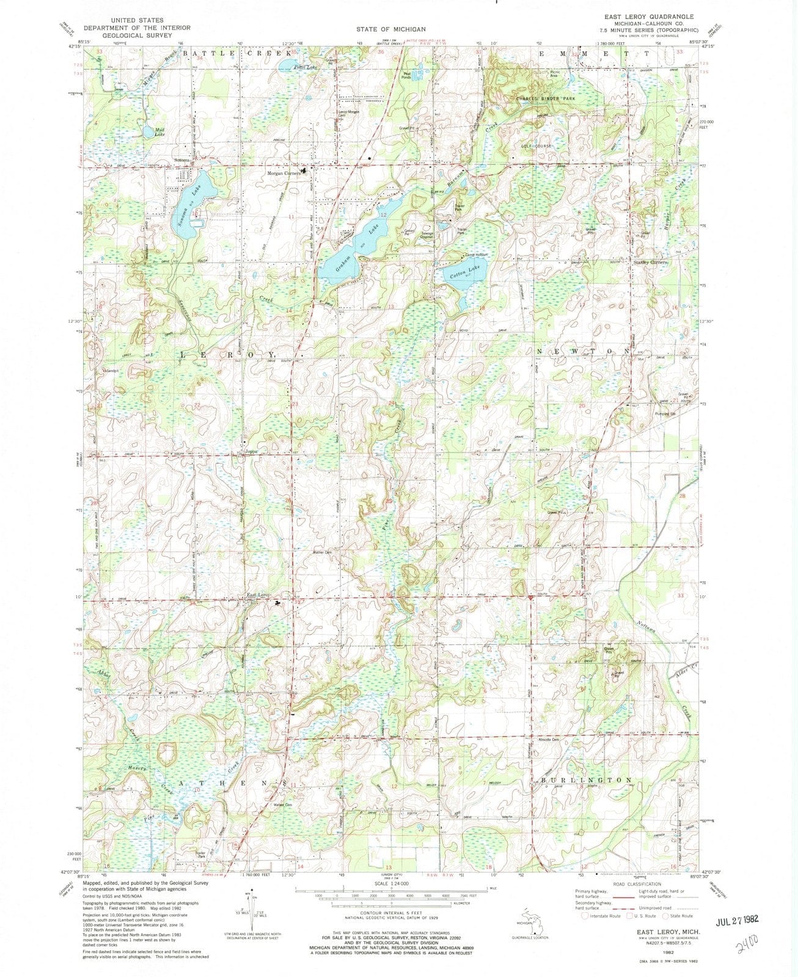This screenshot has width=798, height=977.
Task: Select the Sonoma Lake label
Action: point(183,207)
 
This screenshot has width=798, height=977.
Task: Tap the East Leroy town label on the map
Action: point(257,595)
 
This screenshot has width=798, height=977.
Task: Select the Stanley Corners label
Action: point(653,263)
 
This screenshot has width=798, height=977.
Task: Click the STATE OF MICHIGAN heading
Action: point(392,29)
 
